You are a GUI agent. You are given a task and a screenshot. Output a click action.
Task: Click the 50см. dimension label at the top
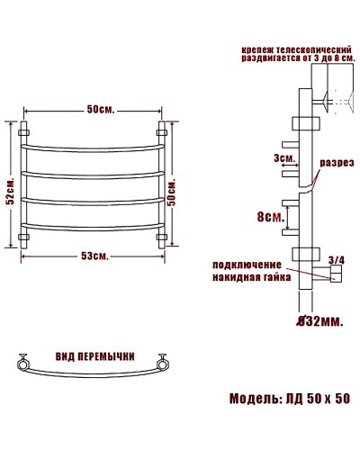99,110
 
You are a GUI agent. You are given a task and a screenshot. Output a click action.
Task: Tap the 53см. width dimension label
94,256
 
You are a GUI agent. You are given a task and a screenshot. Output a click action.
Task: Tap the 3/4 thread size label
337,260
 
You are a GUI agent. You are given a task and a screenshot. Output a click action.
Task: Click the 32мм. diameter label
319,319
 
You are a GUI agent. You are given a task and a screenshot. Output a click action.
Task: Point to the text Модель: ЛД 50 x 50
289,398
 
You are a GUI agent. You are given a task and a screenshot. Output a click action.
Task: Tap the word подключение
247,265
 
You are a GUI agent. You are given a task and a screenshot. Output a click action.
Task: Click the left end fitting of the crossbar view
21,364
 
